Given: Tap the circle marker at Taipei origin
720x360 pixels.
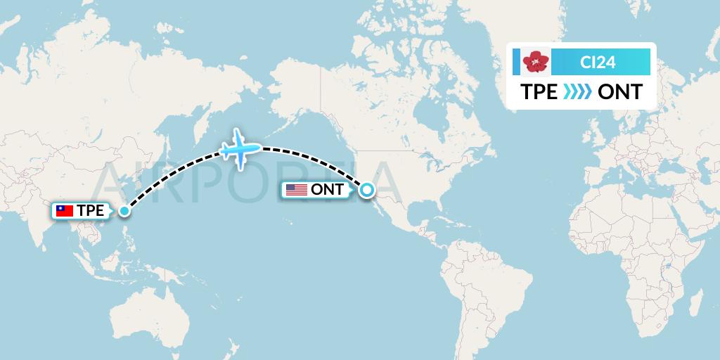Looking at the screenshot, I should click(x=124, y=210).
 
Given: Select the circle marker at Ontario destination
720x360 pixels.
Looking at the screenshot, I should click(x=366, y=189).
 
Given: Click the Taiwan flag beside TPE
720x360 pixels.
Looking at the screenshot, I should click(x=65, y=210).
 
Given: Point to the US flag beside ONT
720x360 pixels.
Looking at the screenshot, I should click(x=296, y=189).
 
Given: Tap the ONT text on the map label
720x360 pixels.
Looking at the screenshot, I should click(x=327, y=189).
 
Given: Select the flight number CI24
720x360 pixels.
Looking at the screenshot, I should click(x=598, y=63).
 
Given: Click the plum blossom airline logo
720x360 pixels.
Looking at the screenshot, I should click(x=536, y=62).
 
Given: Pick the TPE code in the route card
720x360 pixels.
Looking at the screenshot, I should click(x=539, y=92).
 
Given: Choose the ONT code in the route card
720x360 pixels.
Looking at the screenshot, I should click(x=619, y=92).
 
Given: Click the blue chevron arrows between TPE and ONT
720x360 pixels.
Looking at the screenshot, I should click(x=578, y=92).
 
